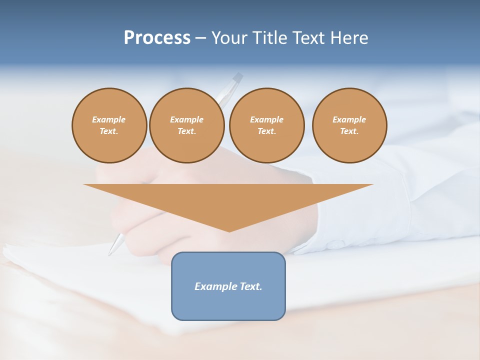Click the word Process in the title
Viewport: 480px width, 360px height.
[157, 37]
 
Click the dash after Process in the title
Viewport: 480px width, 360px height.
[201, 38]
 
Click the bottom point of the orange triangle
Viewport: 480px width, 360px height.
[229, 230]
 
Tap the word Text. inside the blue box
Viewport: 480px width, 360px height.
[250, 286]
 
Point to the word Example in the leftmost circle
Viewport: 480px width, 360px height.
[109, 119]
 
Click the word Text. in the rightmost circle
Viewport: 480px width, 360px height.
[349, 131]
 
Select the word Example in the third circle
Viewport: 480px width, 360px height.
[266, 119]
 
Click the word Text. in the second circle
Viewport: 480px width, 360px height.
[186, 131]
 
